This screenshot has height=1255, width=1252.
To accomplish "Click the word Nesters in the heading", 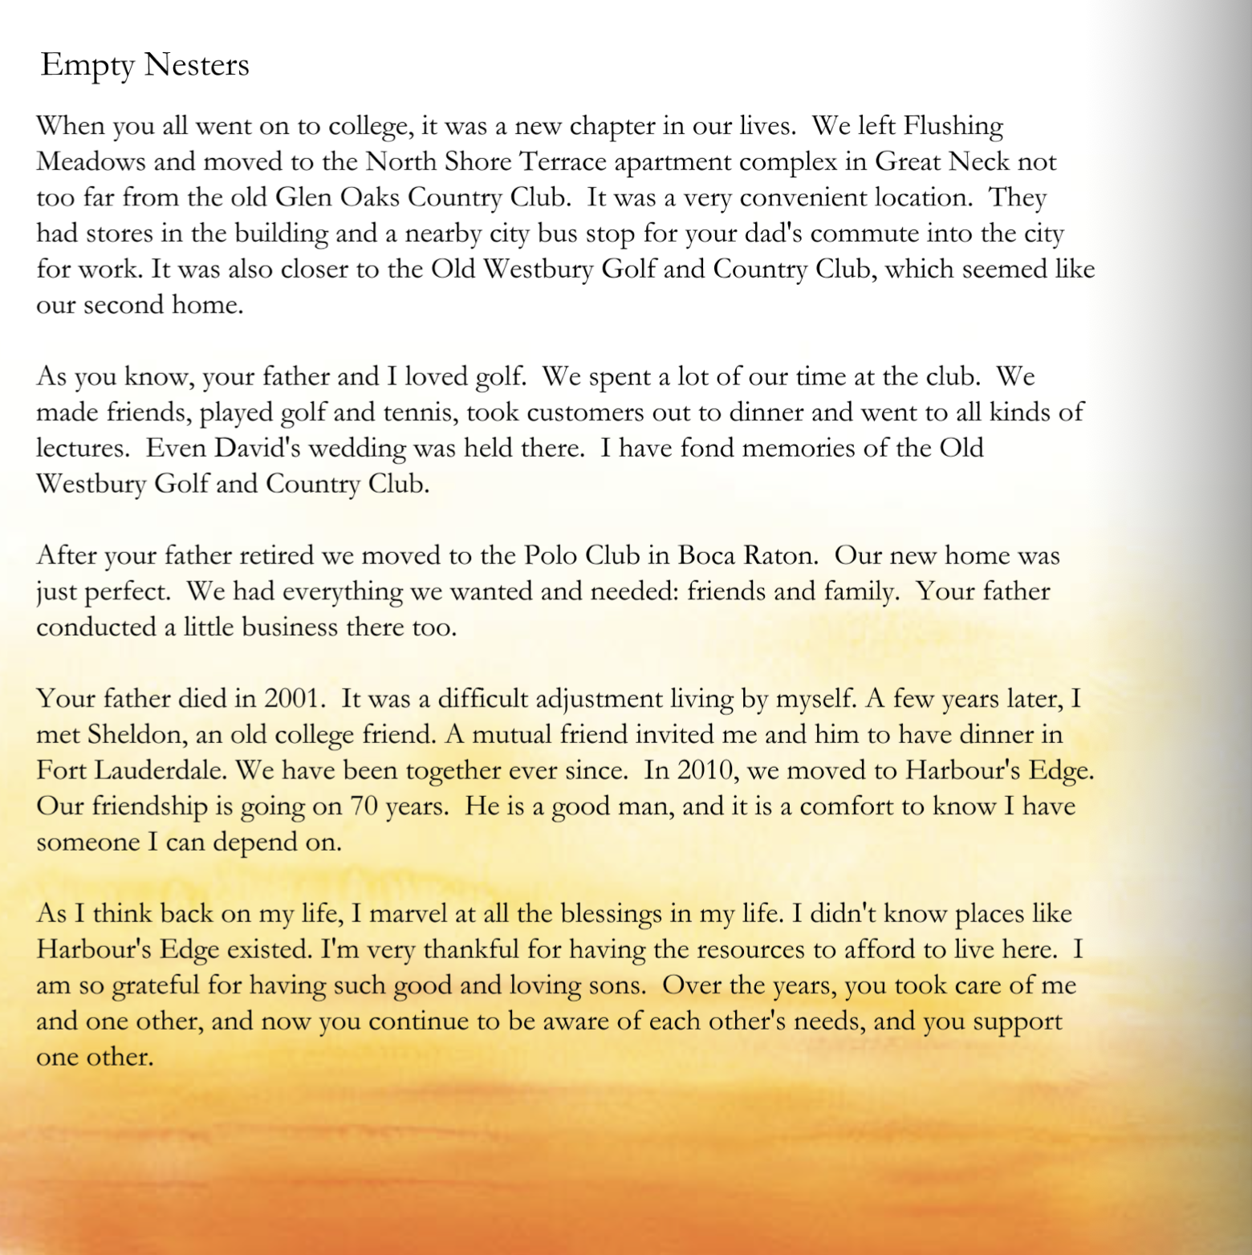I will [x=197, y=65].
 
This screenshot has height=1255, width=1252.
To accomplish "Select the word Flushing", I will [x=953, y=127].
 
